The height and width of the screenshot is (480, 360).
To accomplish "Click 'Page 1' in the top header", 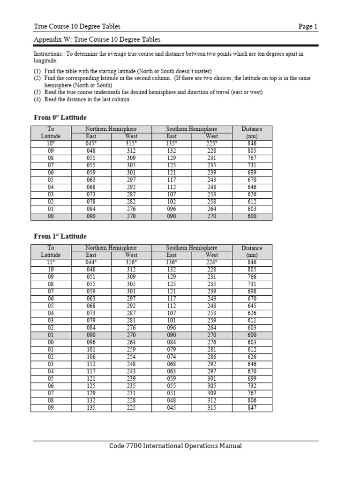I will pos(308,26).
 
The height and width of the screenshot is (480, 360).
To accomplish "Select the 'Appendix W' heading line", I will pos(97,40).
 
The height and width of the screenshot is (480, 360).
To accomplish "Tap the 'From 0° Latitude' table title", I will pos(60,117).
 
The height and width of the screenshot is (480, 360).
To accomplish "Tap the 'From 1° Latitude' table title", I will pos(60,236).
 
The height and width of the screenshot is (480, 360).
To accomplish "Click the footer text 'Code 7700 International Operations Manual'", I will pos(175,446).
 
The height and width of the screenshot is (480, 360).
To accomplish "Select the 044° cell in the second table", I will pos(91,262).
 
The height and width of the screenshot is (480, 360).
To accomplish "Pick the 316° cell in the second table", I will pos(131,262).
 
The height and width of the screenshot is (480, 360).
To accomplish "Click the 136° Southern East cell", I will pos(172,262).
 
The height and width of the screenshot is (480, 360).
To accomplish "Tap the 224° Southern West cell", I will pos(212,262).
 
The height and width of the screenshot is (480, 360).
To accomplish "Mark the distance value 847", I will pos(252,408).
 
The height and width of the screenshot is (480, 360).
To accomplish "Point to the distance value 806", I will pos(252,401).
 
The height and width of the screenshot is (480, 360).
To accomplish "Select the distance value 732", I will pos(252,387).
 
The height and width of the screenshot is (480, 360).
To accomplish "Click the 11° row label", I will pos(51,262).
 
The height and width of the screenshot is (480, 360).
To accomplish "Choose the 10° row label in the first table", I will pos(51,143).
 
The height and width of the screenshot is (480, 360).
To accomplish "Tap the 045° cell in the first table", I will pos(91,143).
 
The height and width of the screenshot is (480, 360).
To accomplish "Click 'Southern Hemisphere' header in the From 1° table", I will pos(192,248).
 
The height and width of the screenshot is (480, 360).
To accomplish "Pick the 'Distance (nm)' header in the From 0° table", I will pos(252,132).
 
